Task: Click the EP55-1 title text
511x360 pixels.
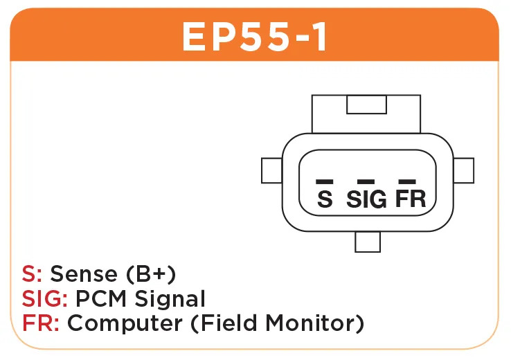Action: [255, 37]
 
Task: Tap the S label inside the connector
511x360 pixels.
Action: [325, 199]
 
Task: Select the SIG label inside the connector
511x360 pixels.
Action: [366, 199]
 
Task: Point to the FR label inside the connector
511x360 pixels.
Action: [411, 199]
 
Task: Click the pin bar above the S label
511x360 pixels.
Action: [325, 181]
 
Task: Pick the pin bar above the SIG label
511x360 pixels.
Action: [366, 181]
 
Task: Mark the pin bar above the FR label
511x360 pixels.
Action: [407, 181]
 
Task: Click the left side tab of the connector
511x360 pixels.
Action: [272, 170]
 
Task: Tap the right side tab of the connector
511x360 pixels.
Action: [463, 170]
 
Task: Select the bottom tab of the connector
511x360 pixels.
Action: [368, 242]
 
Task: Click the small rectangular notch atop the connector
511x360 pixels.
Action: [366, 105]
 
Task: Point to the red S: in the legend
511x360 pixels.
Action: [32, 273]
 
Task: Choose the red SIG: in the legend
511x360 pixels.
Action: [44, 298]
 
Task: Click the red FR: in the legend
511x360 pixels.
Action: [41, 323]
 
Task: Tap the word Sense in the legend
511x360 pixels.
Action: [84, 273]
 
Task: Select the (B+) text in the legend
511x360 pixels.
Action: [151, 273]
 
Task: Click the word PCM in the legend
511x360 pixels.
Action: [101, 298]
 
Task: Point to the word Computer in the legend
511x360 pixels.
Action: [125, 324]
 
